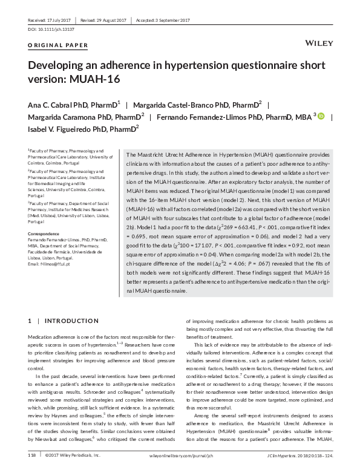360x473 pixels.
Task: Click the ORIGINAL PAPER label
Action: pyautogui.click(x=58, y=45)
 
